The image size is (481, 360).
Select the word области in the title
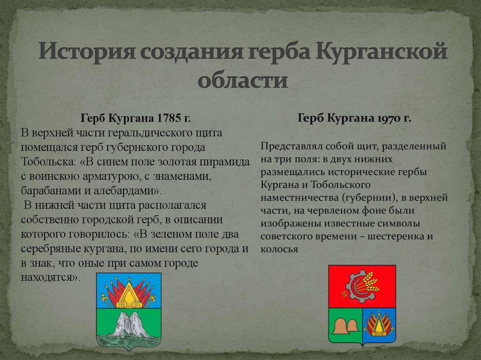[242, 80]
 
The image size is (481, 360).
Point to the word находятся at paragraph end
[48, 277]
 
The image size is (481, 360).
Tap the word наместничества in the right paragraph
[296, 197]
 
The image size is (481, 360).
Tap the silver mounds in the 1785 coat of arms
[129, 324]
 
